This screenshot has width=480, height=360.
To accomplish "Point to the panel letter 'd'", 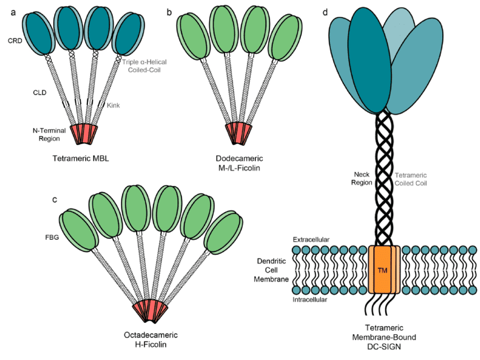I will (x=324, y=12).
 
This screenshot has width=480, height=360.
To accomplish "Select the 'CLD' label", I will (x=40, y=90).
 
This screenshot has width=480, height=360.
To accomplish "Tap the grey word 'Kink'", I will (x=114, y=105).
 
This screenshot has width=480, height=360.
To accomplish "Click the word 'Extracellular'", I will (x=311, y=240).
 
